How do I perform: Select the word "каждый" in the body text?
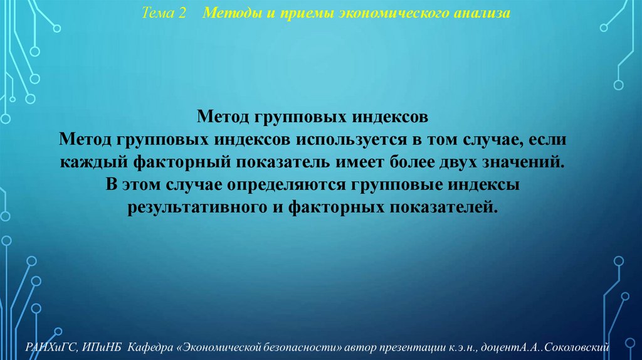94,162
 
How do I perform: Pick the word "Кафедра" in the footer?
149,347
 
